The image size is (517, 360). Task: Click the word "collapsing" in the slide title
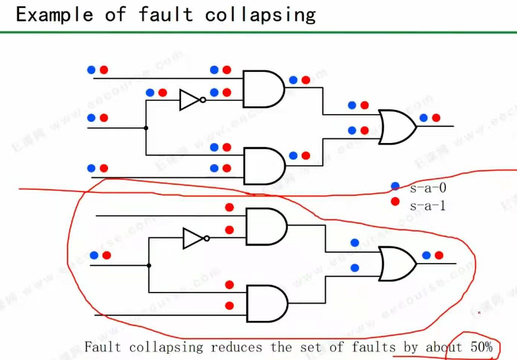[260, 15]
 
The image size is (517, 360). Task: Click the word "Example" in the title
[54, 15]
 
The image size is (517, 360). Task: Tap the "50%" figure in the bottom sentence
[481, 347]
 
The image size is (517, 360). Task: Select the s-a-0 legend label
[428, 187]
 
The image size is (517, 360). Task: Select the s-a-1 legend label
[428, 205]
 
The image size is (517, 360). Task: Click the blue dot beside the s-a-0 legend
[395, 186]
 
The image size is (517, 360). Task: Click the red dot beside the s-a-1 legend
[395, 201]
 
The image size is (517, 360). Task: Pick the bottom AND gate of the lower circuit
[267, 304]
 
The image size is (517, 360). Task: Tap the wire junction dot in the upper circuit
[146, 128]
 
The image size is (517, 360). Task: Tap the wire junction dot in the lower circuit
[149, 266]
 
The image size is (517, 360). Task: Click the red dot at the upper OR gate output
[436, 118]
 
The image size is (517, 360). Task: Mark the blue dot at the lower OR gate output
[426, 255]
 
